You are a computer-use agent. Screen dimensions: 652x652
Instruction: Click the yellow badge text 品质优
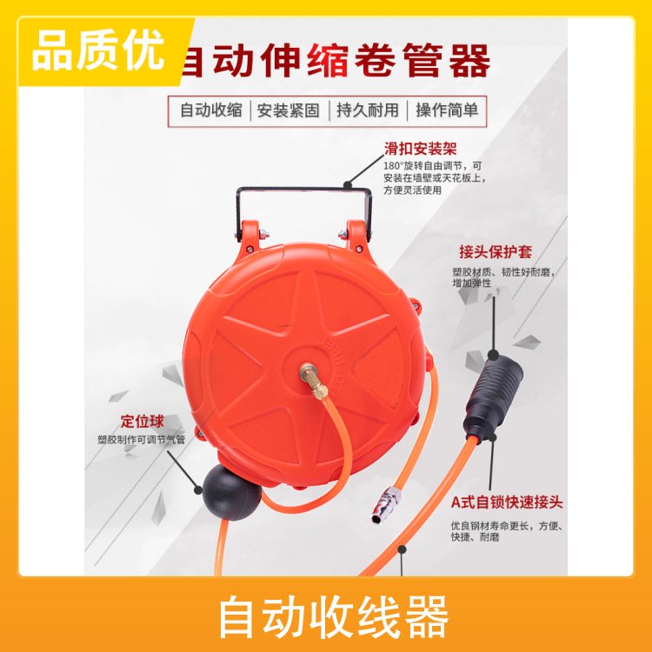point(98,51)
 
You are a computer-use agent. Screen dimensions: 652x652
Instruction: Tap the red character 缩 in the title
point(328,61)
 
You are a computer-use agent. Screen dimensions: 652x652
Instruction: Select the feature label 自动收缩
point(211,110)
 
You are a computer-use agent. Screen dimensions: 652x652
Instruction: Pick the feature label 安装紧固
point(289,110)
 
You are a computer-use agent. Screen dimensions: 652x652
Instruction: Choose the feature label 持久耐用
point(368,110)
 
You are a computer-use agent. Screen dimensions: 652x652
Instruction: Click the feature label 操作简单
point(447,110)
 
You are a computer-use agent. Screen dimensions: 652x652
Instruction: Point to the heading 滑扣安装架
point(420,149)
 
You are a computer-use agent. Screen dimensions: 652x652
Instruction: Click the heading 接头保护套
point(496,251)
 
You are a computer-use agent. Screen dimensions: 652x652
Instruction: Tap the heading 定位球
point(143,422)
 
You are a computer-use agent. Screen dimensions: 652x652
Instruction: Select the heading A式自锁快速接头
point(507,502)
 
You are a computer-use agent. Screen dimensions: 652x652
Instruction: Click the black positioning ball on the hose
point(231,492)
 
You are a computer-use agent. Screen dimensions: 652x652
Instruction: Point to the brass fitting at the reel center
point(315,381)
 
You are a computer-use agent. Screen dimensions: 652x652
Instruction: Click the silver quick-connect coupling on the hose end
point(386,504)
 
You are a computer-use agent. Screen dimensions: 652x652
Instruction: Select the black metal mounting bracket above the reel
point(304,213)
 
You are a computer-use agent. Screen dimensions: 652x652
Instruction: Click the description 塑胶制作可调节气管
point(141,440)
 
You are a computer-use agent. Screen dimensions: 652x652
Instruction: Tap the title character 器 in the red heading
point(469,61)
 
